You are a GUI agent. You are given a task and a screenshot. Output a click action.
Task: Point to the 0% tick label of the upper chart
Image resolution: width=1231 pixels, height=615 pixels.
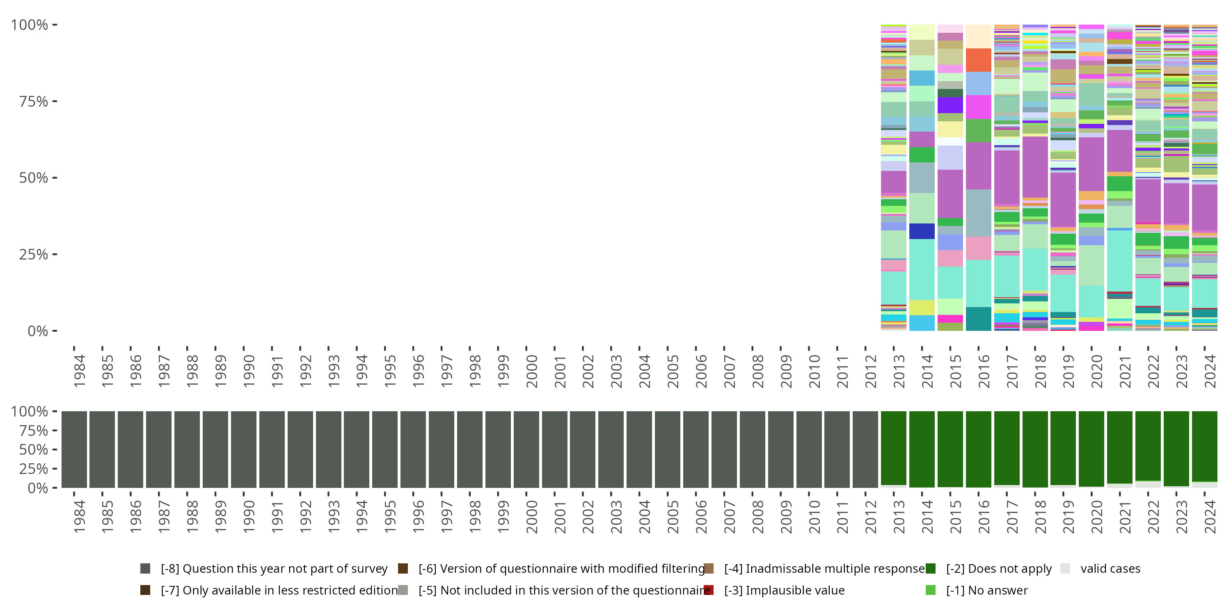point(38,331)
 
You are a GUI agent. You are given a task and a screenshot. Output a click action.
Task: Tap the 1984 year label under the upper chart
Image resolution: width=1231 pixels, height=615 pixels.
point(79,371)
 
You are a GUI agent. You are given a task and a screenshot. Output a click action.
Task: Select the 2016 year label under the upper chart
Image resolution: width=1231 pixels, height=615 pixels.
point(984,371)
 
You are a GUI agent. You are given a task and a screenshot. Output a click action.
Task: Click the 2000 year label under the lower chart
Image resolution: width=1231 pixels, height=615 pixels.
point(531,516)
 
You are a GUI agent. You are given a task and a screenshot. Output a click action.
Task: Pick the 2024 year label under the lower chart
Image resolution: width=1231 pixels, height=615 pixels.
point(1210,516)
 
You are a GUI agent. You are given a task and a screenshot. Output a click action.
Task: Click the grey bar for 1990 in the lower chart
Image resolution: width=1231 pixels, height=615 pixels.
point(243,449)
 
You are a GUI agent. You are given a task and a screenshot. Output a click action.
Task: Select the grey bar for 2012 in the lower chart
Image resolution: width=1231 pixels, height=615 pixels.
point(865,449)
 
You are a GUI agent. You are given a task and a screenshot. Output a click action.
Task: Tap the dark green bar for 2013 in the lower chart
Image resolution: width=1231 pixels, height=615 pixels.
point(893,448)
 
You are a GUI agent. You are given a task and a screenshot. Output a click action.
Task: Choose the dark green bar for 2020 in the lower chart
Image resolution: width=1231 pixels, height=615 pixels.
point(1091,448)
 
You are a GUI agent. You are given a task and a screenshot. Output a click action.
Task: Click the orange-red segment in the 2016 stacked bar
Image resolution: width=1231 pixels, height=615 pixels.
point(978,60)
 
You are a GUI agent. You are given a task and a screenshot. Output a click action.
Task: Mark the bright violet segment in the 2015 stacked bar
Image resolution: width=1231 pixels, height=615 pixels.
point(950,105)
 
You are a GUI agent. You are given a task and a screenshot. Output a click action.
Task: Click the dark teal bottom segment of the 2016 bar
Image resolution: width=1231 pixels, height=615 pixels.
point(978,319)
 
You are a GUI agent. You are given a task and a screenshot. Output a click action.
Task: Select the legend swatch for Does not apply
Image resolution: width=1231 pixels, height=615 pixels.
point(930,568)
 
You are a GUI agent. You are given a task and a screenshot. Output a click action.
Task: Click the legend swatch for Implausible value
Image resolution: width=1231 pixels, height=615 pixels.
point(709,590)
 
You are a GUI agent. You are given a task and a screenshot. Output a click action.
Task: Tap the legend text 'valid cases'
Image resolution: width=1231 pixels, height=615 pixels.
point(1110,568)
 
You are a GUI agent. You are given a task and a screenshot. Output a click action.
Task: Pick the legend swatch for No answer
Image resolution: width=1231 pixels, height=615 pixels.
point(930,590)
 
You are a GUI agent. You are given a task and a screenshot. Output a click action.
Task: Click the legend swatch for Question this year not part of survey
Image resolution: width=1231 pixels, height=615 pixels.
point(145,568)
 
